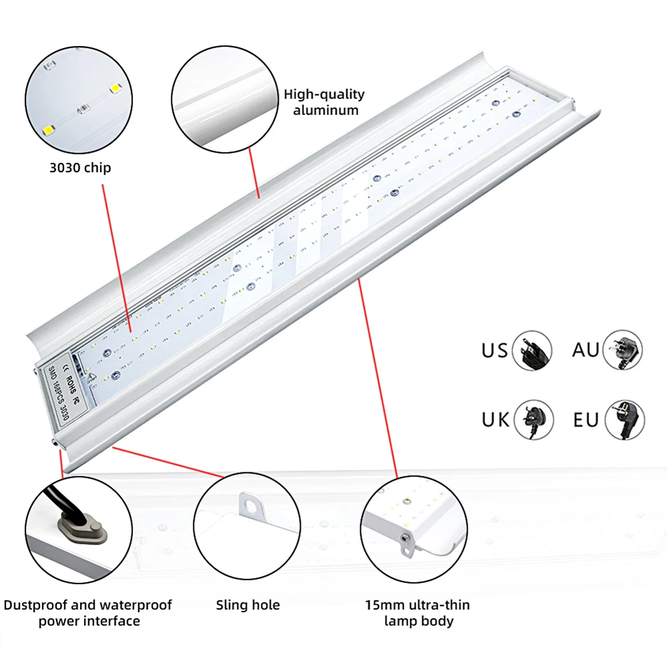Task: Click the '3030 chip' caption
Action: click(x=80, y=167)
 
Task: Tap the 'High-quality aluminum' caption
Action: click(x=325, y=102)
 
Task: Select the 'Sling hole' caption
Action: click(x=248, y=605)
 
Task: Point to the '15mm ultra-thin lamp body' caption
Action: click(x=418, y=613)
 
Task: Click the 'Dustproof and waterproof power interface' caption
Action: click(x=88, y=613)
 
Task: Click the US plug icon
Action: click(x=532, y=350)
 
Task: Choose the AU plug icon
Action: click(x=623, y=349)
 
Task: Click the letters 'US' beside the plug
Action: click(x=494, y=350)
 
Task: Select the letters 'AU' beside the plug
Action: click(x=586, y=349)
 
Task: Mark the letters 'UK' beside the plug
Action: click(x=496, y=420)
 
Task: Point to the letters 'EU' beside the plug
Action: click(x=586, y=420)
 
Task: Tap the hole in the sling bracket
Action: click(x=250, y=507)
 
